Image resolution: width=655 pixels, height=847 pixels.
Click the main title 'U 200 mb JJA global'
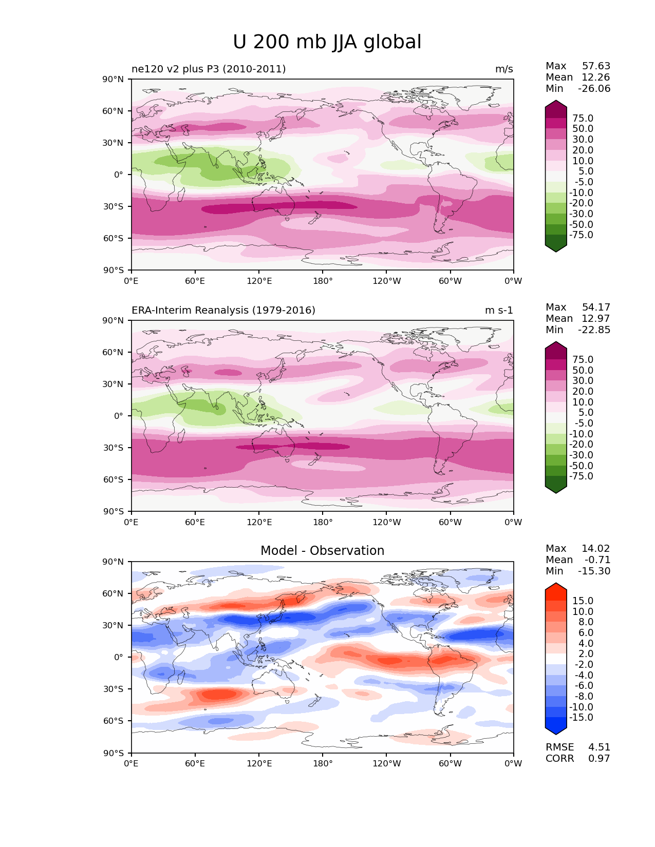point(327,42)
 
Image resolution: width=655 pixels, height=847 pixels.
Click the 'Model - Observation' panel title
point(322,551)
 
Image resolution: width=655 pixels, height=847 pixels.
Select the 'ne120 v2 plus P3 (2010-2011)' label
point(209,69)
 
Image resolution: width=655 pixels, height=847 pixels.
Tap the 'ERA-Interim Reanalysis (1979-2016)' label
point(223,311)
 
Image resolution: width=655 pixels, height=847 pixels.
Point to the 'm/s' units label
point(504,69)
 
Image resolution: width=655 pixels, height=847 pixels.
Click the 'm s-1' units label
point(499,311)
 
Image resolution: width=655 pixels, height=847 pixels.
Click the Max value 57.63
point(596,66)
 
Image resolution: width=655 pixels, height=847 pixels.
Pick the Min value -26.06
point(594,89)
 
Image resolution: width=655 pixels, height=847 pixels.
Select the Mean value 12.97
point(595,319)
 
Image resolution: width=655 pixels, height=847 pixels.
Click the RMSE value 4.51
point(599,747)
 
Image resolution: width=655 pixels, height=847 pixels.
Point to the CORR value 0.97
point(599,759)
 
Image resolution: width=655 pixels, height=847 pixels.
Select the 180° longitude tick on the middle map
point(323,523)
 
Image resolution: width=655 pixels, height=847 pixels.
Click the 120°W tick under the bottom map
point(386,764)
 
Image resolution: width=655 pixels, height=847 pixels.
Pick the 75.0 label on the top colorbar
point(583,119)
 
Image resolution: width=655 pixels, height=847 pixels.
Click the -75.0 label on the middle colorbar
point(581,476)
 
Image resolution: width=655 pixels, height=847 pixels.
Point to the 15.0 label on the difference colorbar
point(583,601)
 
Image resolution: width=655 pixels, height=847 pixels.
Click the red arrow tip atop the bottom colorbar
point(556,586)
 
